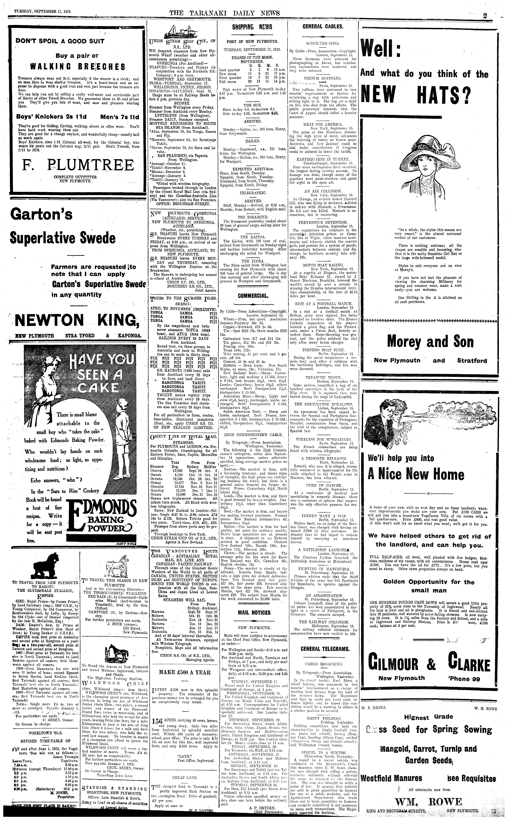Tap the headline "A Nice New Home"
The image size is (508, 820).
pos(416,474)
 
